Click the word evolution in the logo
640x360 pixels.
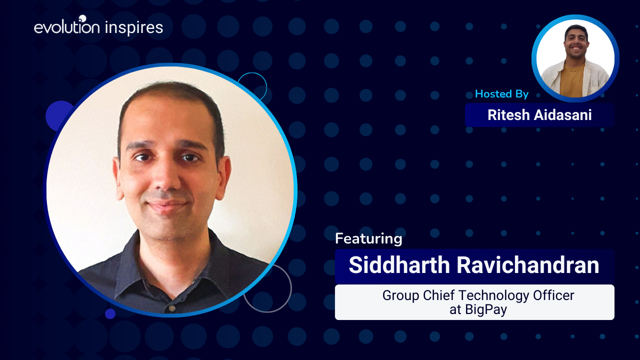(67, 26)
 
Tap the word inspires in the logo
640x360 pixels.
(134, 28)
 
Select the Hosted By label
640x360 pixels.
(501, 93)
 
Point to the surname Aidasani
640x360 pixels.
(563, 115)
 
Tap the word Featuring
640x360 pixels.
(368, 239)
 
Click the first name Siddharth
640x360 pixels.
(399, 265)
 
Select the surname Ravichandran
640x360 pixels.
(527, 265)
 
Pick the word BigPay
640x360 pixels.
(485, 310)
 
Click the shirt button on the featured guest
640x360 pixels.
(172, 308)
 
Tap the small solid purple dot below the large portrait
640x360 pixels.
(110, 313)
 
